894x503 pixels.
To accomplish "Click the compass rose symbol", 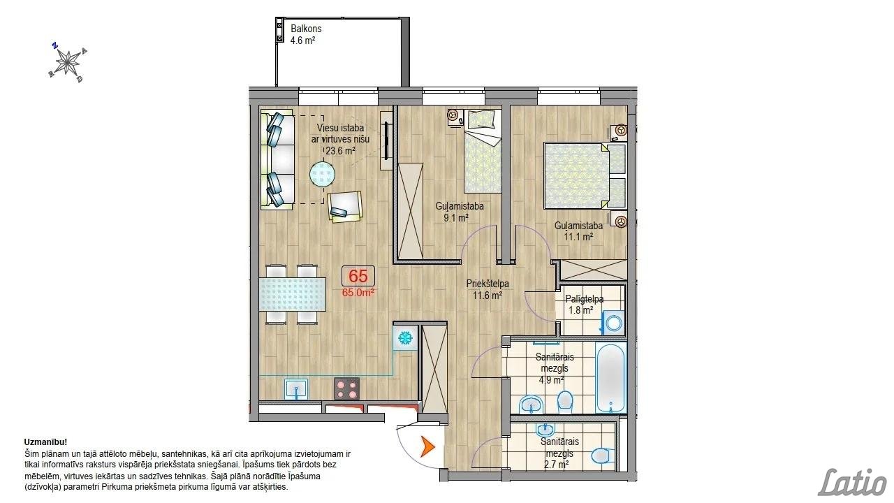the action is [x=68, y=63].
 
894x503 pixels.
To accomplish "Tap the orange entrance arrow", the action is [x=427, y=447].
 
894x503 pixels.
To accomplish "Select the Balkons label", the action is [x=306, y=29].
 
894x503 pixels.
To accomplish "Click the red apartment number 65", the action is [x=358, y=276].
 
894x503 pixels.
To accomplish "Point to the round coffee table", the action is [x=323, y=174].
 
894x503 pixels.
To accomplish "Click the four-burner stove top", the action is [x=346, y=388].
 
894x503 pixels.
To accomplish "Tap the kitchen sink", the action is [x=296, y=389].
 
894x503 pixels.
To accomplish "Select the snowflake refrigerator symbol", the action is [x=406, y=338].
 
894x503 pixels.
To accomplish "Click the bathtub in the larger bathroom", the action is [x=610, y=377].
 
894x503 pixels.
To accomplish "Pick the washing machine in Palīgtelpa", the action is [x=613, y=322].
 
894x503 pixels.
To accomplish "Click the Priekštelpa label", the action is [x=488, y=284].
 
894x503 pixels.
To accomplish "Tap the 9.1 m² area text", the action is [x=456, y=218].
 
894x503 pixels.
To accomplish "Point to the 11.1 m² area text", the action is [x=578, y=237].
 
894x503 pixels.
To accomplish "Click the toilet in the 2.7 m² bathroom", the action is [x=603, y=455].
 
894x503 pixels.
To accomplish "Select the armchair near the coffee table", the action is [x=345, y=207].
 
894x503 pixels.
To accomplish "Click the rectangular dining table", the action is [x=293, y=294].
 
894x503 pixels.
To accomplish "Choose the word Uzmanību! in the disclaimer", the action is [x=45, y=442].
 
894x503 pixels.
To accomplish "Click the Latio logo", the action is [x=853, y=482].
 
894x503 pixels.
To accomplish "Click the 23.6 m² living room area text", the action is [x=340, y=151].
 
